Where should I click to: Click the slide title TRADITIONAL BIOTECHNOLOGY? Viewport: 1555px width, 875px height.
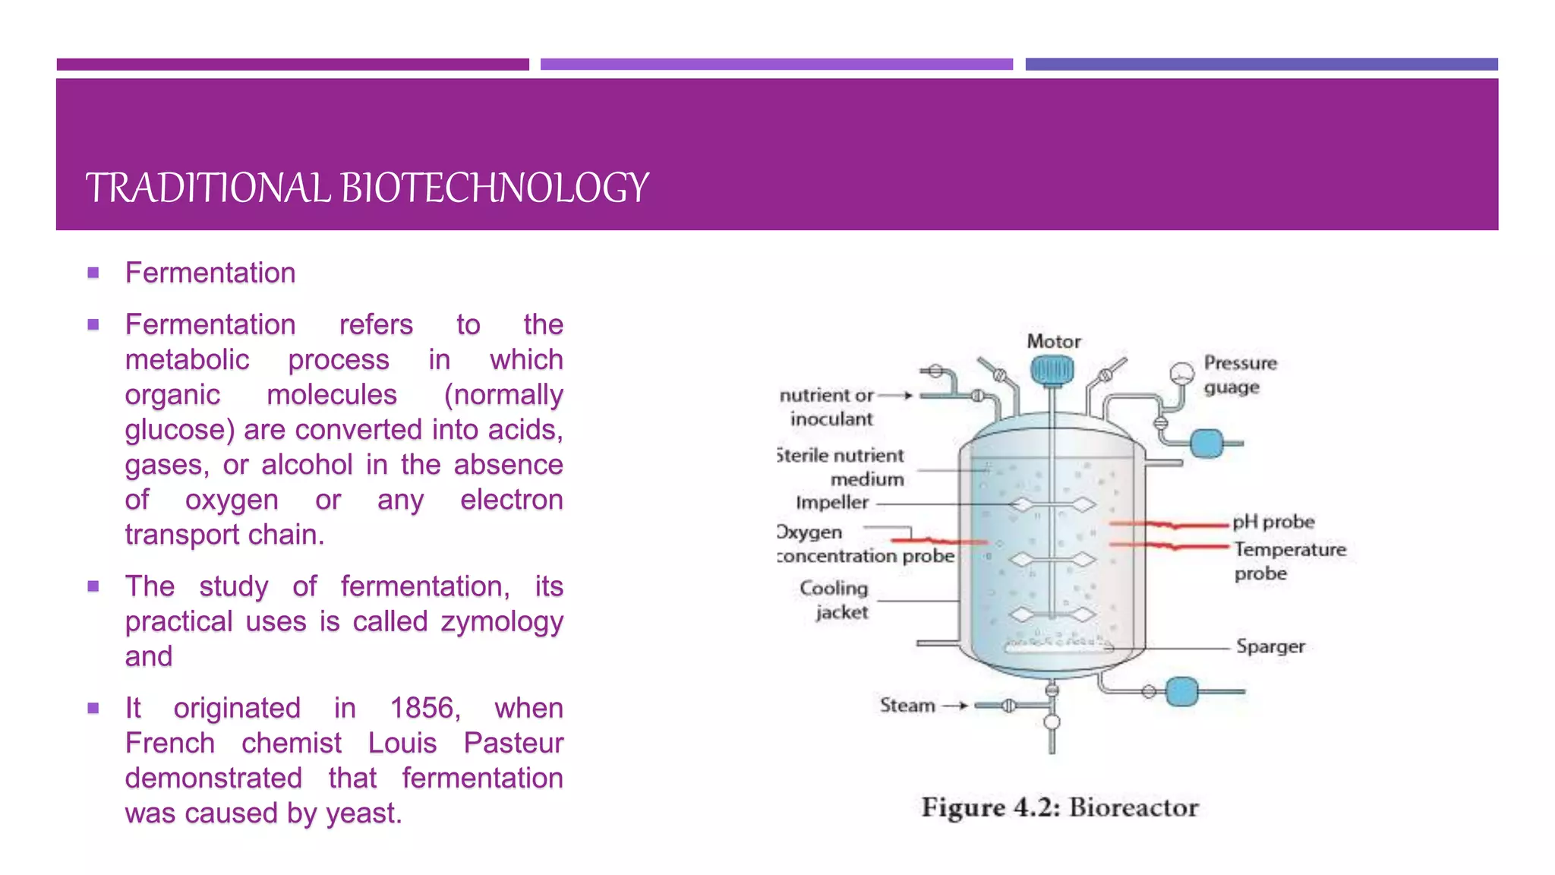[367, 188]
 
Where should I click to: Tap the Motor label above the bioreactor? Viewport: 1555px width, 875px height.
[1053, 342]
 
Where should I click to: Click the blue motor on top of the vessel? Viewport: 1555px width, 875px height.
[1052, 371]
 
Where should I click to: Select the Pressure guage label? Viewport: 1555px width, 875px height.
[1239, 375]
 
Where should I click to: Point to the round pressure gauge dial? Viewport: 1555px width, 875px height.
[1181, 373]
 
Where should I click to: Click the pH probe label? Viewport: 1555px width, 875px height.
[1273, 522]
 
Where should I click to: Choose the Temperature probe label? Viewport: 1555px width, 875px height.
[1289, 561]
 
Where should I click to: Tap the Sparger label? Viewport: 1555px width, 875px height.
[1270, 646]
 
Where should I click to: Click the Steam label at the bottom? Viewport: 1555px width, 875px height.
[907, 706]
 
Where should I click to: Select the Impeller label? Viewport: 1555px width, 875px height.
[831, 503]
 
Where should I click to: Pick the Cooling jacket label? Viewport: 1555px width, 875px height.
[834, 600]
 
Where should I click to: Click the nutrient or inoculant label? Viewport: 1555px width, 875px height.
[828, 407]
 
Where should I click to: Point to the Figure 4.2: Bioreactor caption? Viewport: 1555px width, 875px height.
[1060, 807]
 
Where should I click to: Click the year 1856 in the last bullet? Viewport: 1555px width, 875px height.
[424, 708]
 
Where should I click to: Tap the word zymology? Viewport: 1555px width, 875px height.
[502, 621]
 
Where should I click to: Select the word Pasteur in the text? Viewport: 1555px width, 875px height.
[513, 743]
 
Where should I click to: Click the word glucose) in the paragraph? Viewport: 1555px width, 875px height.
[181, 430]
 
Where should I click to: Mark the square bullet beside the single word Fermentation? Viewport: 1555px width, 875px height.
[93, 273]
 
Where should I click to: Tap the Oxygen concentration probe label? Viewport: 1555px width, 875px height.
[865, 545]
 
